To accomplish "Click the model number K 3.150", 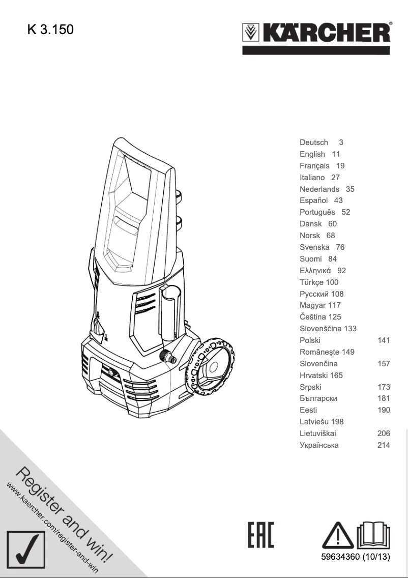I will point(50,30).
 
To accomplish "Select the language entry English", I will point(312,154).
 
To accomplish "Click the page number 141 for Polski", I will point(384,340).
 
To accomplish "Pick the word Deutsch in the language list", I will point(314,142).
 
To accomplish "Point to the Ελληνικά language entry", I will point(316,271).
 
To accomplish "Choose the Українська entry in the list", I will point(319,445).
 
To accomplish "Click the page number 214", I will point(384,445).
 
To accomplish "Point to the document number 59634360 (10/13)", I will point(355,557).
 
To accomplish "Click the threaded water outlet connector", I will point(169,356).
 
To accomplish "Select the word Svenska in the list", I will point(314,247).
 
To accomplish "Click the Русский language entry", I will point(314,294).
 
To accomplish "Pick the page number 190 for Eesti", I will point(384,410).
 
